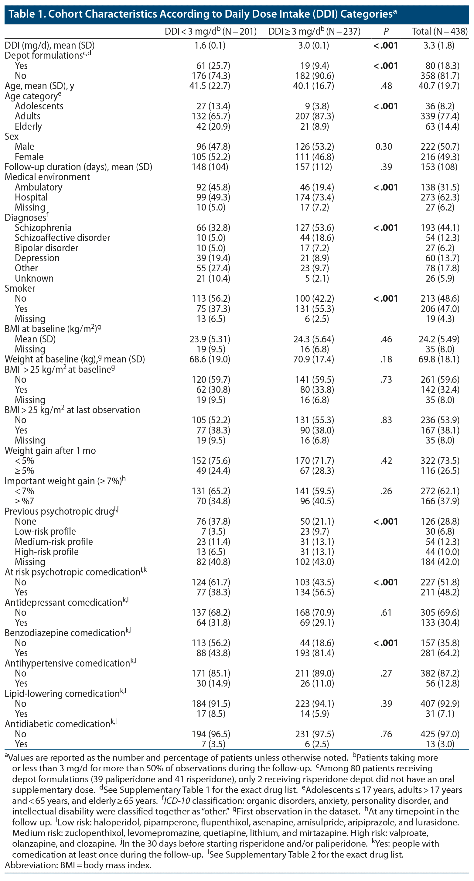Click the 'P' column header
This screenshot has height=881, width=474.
(386, 32)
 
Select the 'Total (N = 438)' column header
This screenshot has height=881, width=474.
(439, 32)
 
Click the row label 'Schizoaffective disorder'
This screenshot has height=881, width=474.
(62, 238)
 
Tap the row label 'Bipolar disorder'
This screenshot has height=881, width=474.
(46, 248)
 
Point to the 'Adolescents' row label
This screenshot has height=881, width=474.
(39, 106)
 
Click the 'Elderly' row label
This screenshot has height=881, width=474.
(28, 127)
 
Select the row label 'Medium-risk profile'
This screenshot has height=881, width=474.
(54, 542)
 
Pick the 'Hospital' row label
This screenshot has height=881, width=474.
(31, 197)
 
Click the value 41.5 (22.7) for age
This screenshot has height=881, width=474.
(210, 86)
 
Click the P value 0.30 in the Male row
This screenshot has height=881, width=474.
(384, 147)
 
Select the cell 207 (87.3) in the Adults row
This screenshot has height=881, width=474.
(314, 116)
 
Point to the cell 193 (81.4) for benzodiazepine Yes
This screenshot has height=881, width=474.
(314, 653)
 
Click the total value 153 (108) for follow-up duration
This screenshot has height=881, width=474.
(439, 167)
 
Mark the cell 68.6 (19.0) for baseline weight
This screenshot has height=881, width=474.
(210, 359)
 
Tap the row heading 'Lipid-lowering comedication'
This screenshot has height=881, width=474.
(62, 694)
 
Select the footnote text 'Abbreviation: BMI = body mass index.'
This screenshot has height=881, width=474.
(78, 866)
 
